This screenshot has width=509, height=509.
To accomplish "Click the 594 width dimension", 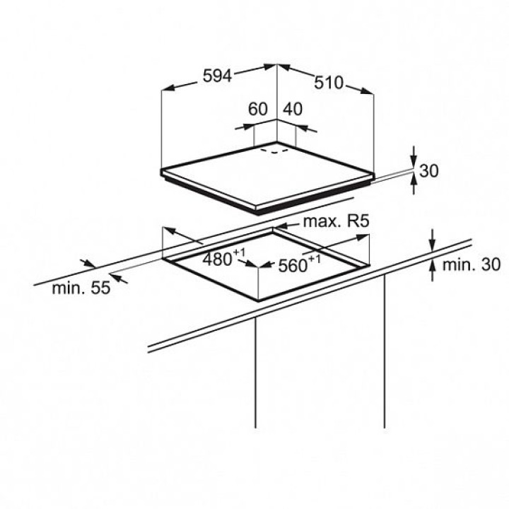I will click(x=217, y=76).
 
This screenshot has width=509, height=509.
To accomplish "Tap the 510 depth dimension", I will click(x=328, y=82).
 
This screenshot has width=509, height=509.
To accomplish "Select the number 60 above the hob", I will click(x=257, y=109).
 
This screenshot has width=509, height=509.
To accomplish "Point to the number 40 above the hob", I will click(x=293, y=109).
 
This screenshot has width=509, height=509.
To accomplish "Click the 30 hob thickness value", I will click(x=429, y=171).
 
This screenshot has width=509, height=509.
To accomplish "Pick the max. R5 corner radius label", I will click(x=336, y=221).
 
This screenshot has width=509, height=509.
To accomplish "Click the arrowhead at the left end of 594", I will click(x=168, y=88).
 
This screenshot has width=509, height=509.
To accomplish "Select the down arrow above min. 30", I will click(x=433, y=242).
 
